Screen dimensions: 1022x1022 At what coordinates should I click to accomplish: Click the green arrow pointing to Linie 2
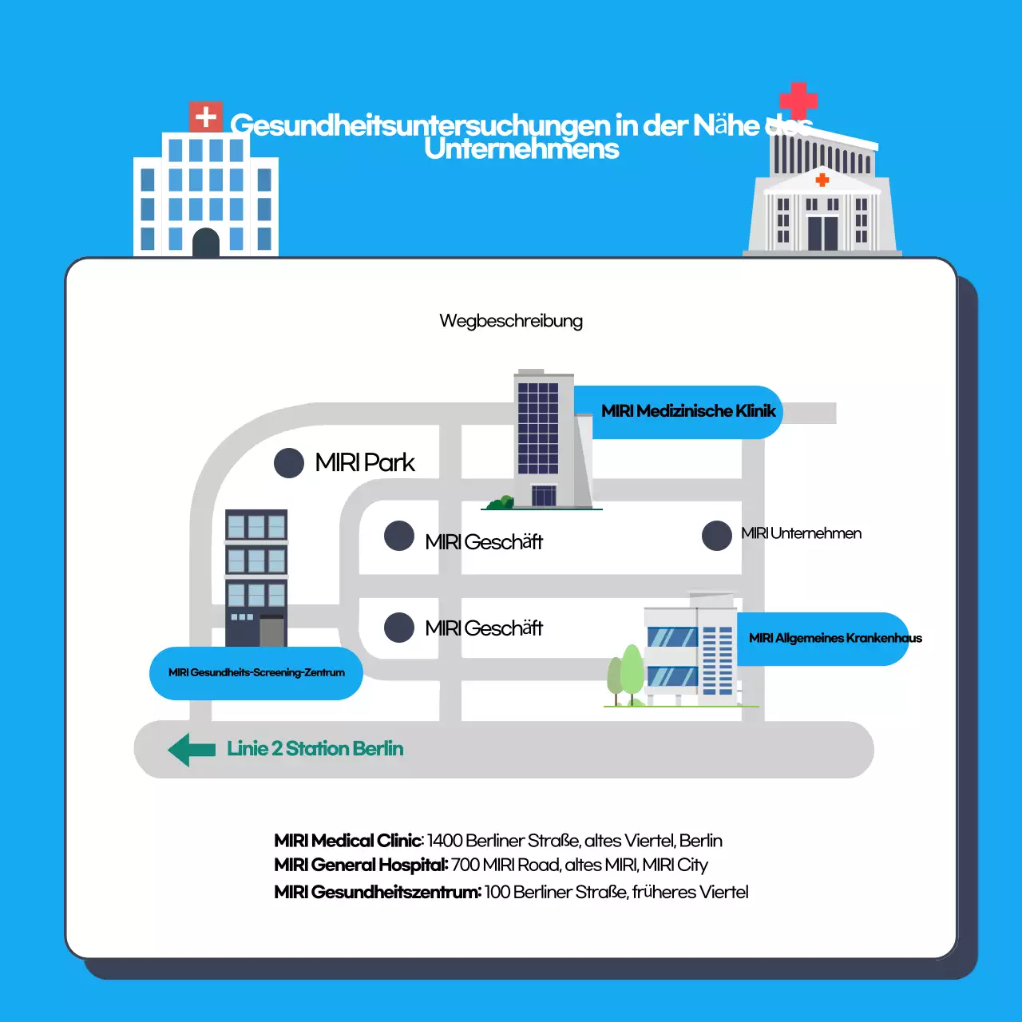192,750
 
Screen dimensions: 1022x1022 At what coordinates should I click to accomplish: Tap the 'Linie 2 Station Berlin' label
315,749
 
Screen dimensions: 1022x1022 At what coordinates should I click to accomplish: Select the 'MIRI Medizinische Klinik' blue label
687,411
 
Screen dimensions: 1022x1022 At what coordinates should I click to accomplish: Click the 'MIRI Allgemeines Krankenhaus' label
834,638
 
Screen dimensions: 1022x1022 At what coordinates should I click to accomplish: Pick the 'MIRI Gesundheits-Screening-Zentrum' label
256,673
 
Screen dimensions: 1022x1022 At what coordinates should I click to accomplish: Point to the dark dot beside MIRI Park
289,462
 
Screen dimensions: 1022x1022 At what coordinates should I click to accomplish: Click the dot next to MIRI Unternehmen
717,536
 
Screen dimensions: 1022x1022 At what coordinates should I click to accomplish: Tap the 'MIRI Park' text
365,462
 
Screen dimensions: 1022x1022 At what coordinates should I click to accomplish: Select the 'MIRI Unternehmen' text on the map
801,533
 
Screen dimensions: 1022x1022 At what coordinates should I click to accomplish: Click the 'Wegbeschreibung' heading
511,321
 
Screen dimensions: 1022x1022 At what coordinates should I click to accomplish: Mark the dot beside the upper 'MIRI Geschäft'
399,537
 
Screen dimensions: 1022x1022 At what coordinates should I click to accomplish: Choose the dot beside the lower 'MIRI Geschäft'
399,628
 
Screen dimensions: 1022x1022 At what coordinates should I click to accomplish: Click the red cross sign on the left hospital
205,117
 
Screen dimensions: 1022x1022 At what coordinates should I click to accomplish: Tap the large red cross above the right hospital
798,100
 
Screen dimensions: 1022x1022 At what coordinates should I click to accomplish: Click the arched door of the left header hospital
206,242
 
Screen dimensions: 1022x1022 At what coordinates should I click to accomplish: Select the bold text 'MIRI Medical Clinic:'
348,841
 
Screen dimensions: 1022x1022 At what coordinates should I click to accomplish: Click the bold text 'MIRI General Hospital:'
361,866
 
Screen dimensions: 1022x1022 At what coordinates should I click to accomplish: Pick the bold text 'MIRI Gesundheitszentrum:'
377,892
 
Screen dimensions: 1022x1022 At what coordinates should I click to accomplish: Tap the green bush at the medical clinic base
501,502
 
